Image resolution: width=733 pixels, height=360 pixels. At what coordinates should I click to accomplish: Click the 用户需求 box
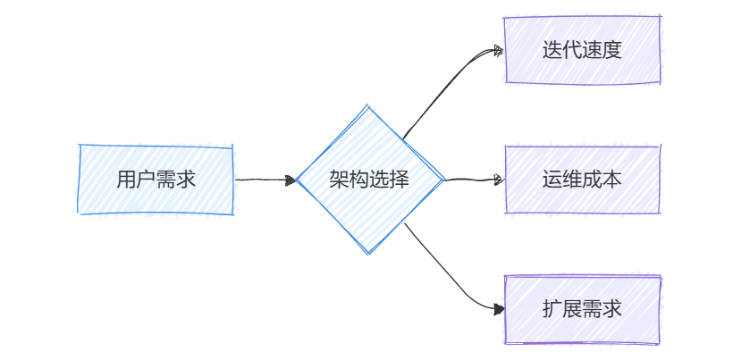pyautogui.click(x=156, y=180)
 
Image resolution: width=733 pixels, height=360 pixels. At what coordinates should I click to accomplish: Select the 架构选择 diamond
pyautogui.click(x=369, y=180)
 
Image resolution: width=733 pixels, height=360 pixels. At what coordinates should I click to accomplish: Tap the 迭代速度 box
pyautogui.click(x=582, y=50)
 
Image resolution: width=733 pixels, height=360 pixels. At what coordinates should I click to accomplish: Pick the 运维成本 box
pyautogui.click(x=582, y=180)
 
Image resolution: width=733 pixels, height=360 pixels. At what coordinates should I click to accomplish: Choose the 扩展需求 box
pyautogui.click(x=582, y=309)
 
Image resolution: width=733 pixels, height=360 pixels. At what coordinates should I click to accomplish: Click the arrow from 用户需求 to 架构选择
pyautogui.click(x=264, y=180)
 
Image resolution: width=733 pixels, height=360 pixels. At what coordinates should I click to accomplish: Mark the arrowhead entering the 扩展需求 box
pyautogui.click(x=498, y=308)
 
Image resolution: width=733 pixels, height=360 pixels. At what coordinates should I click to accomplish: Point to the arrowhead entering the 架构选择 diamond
pyautogui.click(x=291, y=180)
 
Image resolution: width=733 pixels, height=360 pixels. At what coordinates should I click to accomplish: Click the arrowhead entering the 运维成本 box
pyautogui.click(x=498, y=180)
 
